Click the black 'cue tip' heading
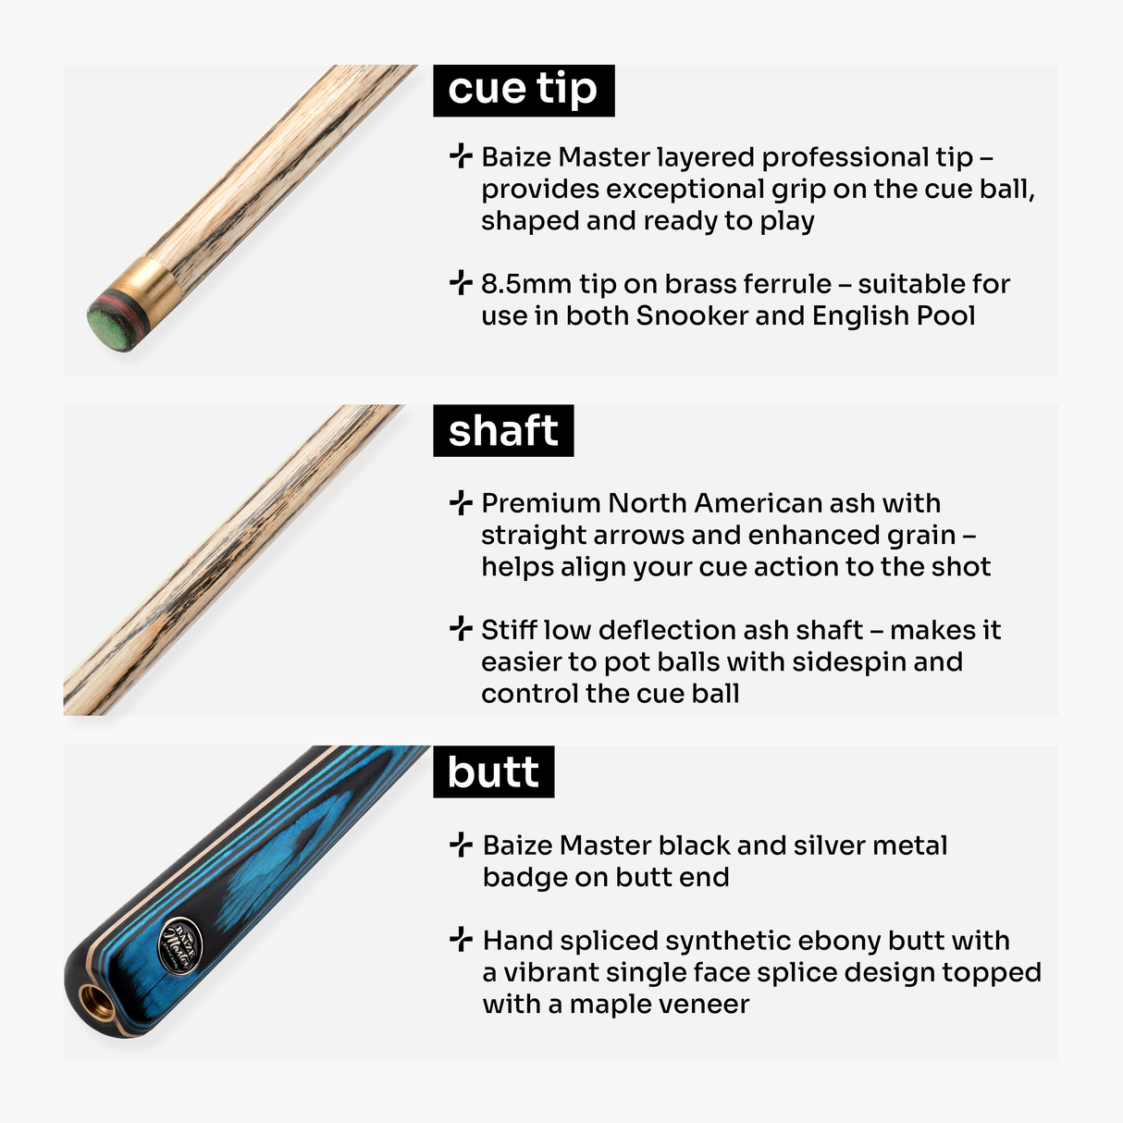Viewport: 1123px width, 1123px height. [x=524, y=90]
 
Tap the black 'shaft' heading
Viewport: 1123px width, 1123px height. [x=503, y=430]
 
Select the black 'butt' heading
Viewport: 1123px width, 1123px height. [x=493, y=771]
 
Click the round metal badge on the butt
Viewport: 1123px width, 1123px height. [x=177, y=945]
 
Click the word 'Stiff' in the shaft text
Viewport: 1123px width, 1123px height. [x=509, y=630]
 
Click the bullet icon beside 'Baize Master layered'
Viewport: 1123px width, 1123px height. [x=460, y=156]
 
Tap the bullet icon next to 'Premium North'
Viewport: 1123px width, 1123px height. [x=460, y=502]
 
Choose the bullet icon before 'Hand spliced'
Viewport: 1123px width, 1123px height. [x=461, y=940]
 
